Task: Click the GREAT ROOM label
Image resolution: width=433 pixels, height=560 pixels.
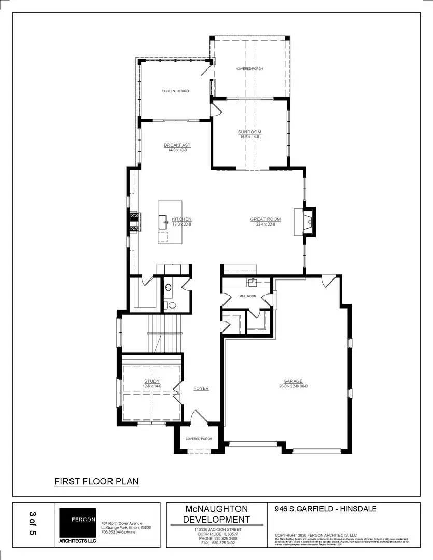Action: pyautogui.click(x=265, y=219)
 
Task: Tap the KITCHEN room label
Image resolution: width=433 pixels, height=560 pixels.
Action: pyautogui.click(x=181, y=219)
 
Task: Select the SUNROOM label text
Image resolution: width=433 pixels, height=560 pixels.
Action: pyautogui.click(x=249, y=132)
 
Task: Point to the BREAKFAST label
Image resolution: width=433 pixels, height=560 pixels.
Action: pyautogui.click(x=177, y=145)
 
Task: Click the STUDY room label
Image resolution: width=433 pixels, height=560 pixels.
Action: pyautogui.click(x=152, y=381)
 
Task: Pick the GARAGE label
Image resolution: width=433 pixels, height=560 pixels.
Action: pyautogui.click(x=292, y=381)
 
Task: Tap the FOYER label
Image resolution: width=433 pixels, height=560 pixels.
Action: pyautogui.click(x=201, y=388)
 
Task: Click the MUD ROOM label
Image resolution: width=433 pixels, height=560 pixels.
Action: pyautogui.click(x=247, y=296)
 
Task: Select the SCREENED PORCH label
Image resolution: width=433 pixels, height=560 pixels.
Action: pyautogui.click(x=176, y=91)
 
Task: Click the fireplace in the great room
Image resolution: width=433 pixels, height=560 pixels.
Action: pyautogui.click(x=308, y=222)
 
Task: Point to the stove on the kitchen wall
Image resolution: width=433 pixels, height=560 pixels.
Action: pyautogui.click(x=134, y=222)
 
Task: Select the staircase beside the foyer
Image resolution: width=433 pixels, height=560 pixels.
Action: pyautogui.click(x=165, y=332)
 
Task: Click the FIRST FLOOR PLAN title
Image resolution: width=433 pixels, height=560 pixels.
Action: pyautogui.click(x=96, y=481)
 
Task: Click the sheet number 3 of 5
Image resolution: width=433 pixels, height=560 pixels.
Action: pyautogui.click(x=33, y=524)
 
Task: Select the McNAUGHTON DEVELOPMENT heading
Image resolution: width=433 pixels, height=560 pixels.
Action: pyautogui.click(x=216, y=514)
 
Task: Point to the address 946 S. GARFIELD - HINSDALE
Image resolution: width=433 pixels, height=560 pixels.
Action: pyautogui.click(x=326, y=509)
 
